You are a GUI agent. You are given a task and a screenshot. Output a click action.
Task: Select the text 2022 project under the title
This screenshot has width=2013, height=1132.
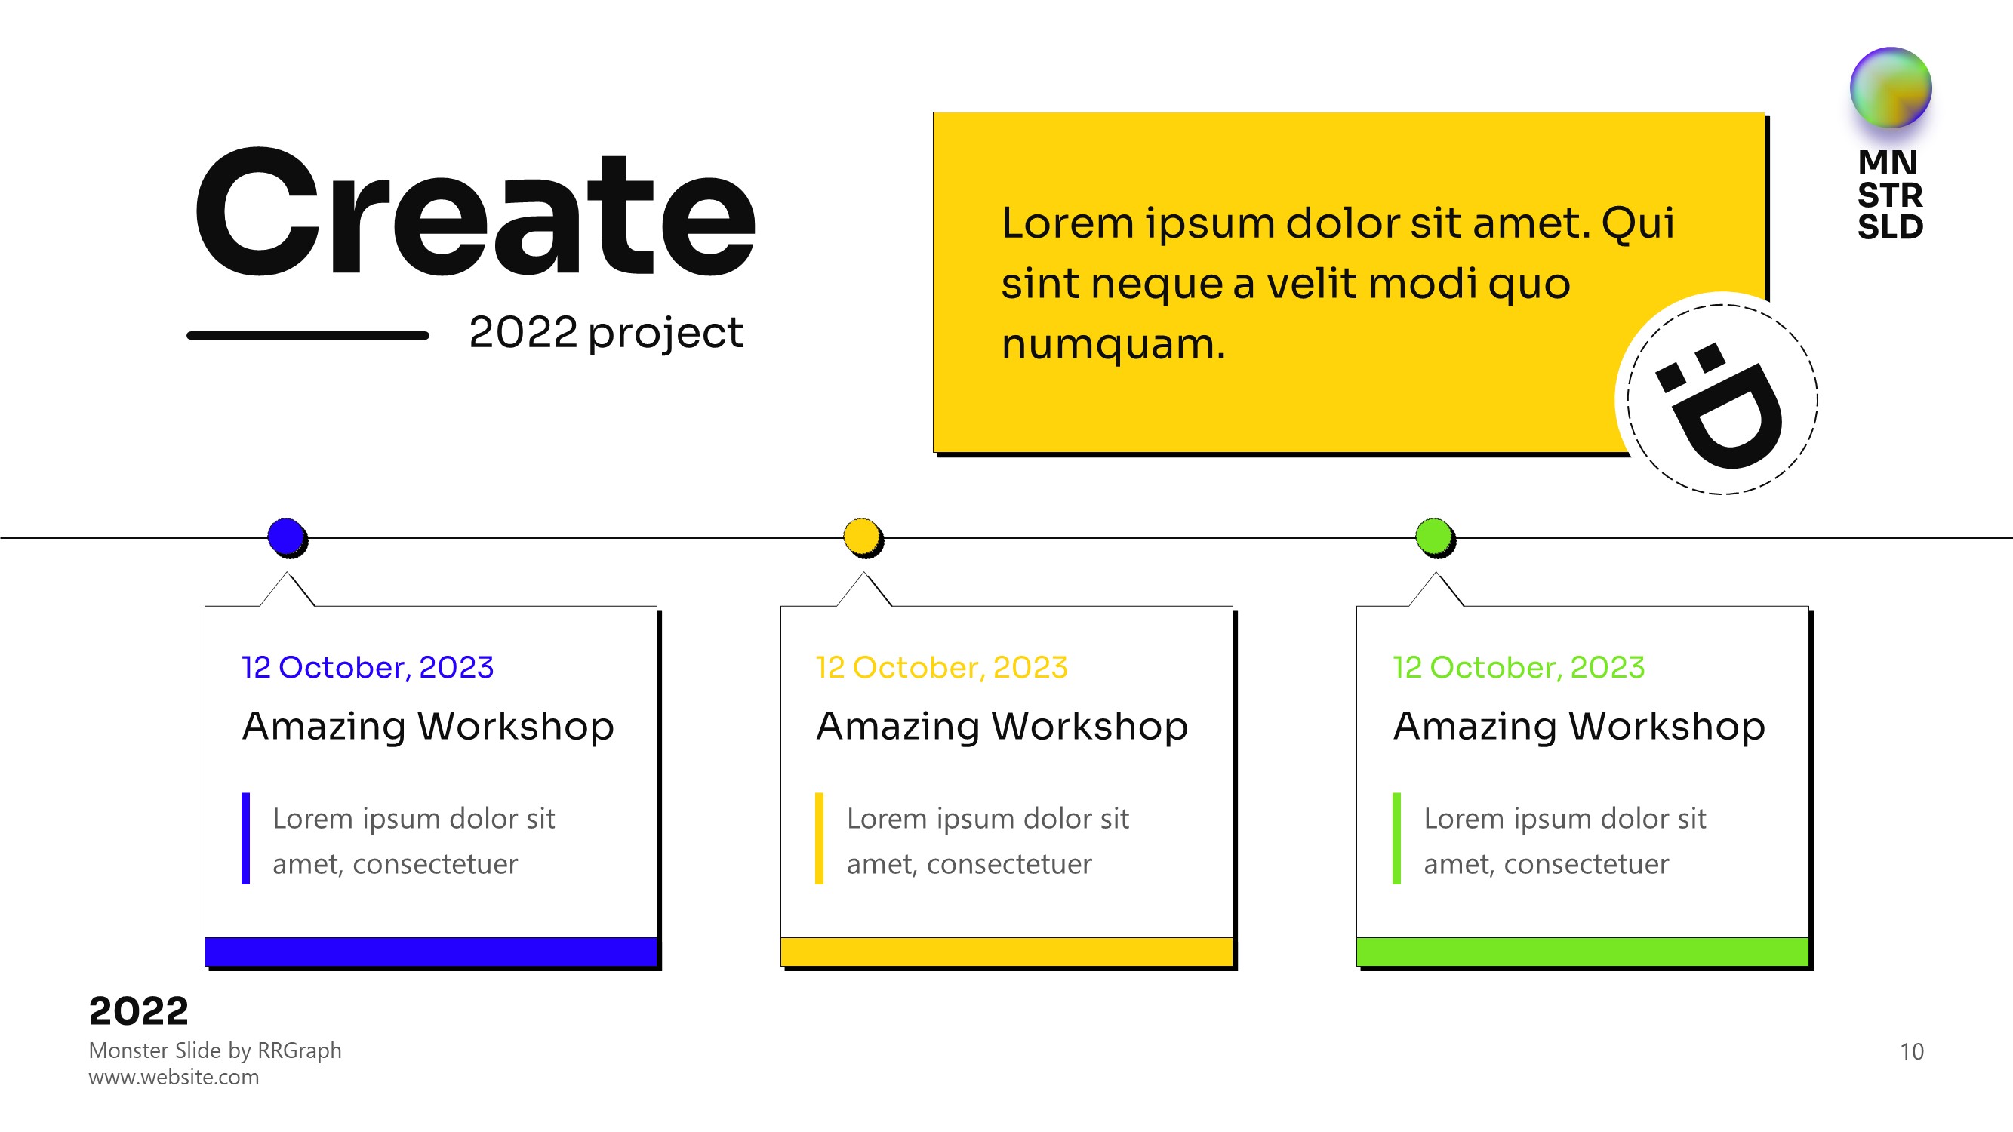pos(605,334)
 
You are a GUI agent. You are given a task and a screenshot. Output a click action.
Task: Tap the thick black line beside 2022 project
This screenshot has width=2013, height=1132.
pos(308,335)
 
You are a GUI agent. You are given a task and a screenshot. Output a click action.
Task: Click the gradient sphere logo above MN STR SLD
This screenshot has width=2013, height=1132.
pos(1890,88)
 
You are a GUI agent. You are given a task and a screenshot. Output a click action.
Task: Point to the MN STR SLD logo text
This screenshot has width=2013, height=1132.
pos(1889,195)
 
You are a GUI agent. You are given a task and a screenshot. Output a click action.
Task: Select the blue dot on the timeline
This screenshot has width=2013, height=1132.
pos(287,537)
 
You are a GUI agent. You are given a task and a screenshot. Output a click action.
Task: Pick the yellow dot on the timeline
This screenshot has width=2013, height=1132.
pos(863,537)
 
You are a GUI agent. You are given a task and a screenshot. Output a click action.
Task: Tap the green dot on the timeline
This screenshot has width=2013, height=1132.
pos(1435,537)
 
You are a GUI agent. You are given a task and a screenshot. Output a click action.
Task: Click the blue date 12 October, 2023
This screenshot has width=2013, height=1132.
pos(368,668)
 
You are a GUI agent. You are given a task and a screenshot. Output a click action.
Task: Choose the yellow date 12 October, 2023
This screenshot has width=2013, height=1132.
pos(942,668)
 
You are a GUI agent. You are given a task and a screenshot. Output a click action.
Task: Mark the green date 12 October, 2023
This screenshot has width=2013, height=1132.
pos(1519,668)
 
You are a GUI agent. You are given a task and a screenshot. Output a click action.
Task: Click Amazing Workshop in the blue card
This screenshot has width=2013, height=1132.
pos(428,727)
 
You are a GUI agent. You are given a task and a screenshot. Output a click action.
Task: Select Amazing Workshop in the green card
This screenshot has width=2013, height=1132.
pos(1579,727)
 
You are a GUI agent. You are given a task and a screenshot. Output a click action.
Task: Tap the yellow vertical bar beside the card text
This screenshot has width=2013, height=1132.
pos(819,838)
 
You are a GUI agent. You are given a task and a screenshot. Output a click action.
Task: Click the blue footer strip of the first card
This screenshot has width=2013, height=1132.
pos(430,952)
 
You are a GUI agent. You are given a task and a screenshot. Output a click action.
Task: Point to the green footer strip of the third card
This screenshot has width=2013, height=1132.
pos(1583,952)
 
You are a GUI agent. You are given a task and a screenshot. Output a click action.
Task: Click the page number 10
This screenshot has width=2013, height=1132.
pos(1911,1051)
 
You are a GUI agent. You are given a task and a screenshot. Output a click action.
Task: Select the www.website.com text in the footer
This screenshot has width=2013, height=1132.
pos(174,1078)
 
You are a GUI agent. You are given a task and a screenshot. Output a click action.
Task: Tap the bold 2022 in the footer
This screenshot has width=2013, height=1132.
pos(138,1011)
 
